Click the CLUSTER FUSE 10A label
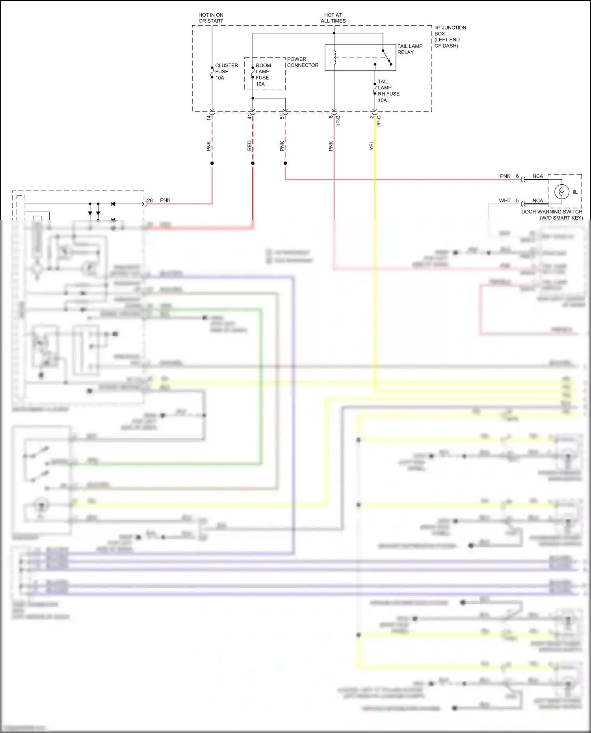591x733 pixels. coord(226,72)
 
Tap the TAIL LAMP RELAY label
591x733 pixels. coord(409,49)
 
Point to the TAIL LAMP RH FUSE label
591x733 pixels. coord(388,91)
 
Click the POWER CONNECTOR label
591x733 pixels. coord(302,62)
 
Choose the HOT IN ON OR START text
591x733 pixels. coord(211,18)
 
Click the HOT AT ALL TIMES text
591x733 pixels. coord(333,18)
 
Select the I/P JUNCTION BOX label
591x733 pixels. coord(450,37)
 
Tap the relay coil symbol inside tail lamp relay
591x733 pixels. coord(335,58)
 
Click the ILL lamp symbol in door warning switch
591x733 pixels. coord(561,192)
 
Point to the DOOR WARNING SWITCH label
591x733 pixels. coord(552,215)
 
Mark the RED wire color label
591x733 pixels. coord(249,145)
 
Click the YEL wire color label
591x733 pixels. coord(371,145)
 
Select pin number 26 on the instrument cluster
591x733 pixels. coord(150,200)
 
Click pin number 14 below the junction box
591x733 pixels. coord(209,117)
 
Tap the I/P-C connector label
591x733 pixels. coord(379,121)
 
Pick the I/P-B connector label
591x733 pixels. coord(338,121)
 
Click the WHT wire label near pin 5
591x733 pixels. coord(504,200)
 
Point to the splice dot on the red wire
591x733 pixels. coord(253,163)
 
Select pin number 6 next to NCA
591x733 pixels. coord(517,176)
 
